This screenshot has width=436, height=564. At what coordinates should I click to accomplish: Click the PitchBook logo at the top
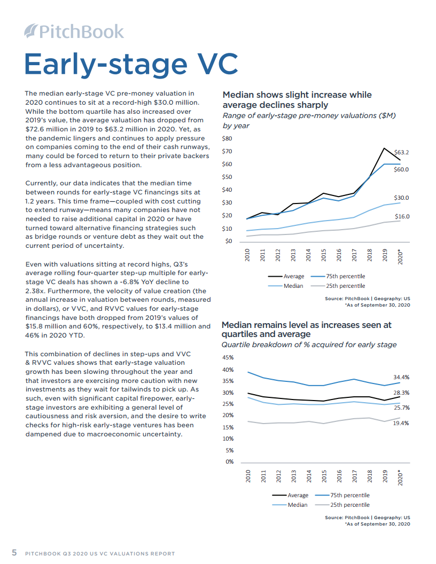pyautogui.click(x=74, y=32)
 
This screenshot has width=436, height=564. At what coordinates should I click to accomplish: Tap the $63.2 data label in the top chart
pyautogui.click(x=401, y=152)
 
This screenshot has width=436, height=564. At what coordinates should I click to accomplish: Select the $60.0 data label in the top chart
pyautogui.click(x=401, y=169)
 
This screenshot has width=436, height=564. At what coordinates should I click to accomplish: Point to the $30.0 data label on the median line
pyautogui.click(x=401, y=198)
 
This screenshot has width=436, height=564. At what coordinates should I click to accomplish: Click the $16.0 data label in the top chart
pyautogui.click(x=401, y=216)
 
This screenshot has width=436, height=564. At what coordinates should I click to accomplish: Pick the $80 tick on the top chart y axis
pyautogui.click(x=227, y=138)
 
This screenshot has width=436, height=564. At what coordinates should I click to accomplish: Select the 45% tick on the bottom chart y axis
pyautogui.click(x=228, y=358)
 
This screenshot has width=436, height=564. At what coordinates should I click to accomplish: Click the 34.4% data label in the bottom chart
pyautogui.click(x=401, y=377)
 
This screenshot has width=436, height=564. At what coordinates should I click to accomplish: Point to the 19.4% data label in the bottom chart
pyautogui.click(x=401, y=423)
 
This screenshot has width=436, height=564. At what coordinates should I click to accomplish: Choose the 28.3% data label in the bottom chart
pyautogui.click(x=401, y=393)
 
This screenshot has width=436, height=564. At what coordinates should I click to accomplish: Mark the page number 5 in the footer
pyautogui.click(x=14, y=553)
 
